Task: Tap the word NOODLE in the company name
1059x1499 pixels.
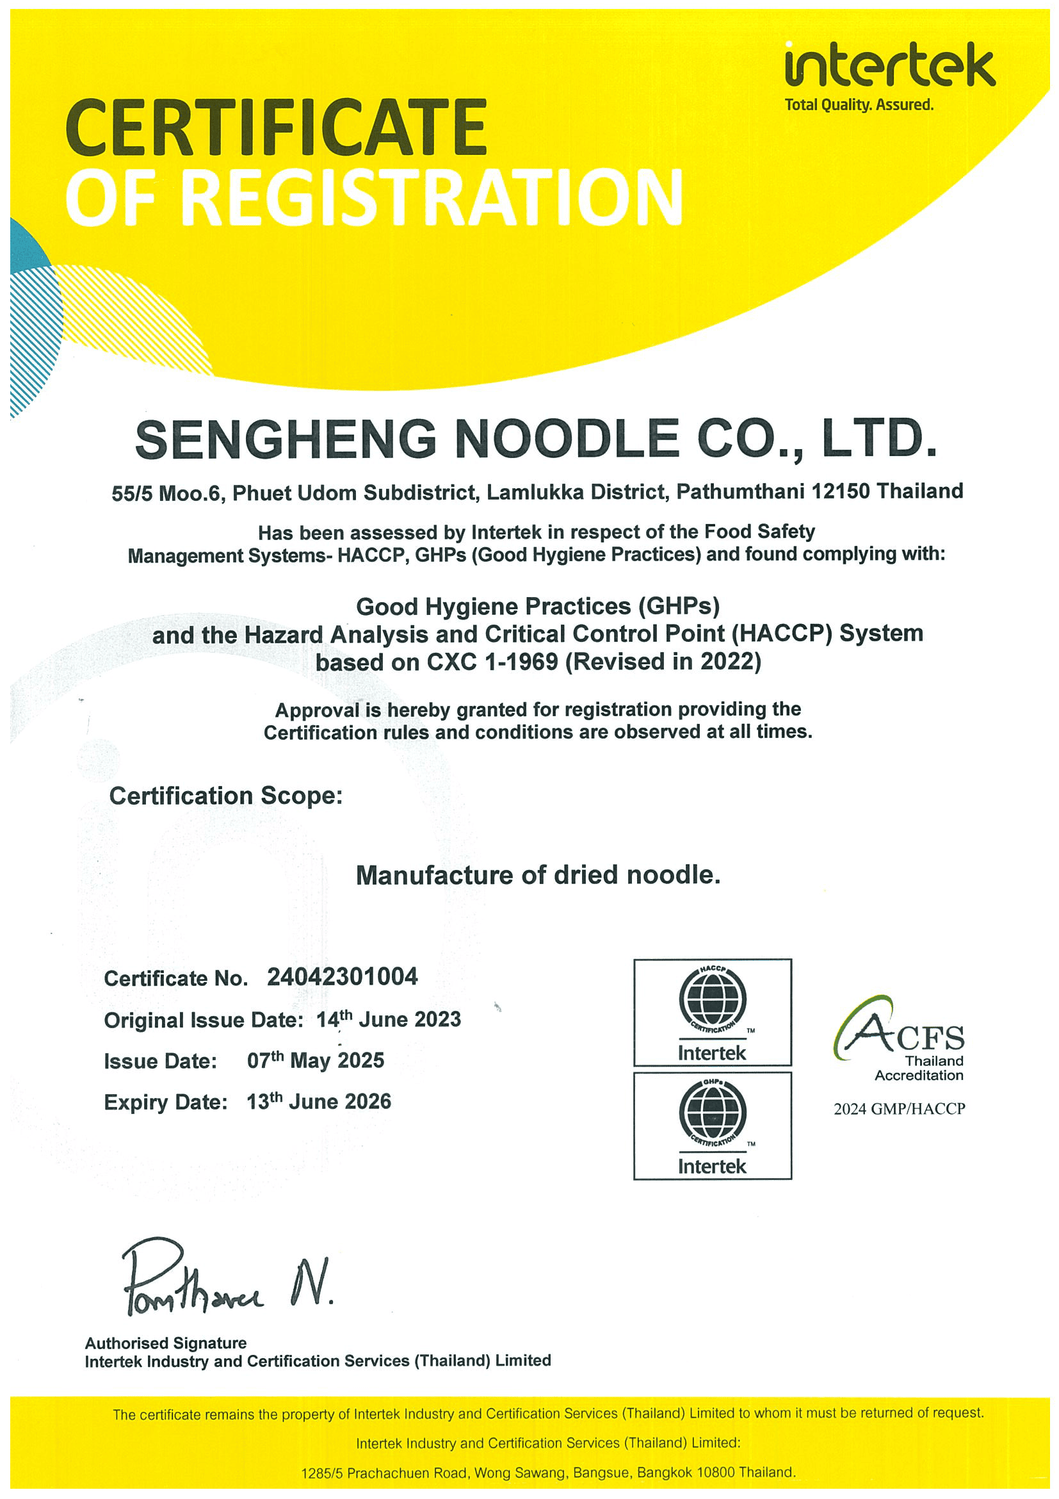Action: (x=567, y=439)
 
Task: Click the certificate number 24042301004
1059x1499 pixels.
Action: (x=342, y=977)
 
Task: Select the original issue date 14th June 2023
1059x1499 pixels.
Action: (x=388, y=1020)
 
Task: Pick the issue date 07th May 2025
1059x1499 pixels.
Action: (x=315, y=1060)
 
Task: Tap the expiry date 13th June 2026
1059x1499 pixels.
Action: (x=318, y=1101)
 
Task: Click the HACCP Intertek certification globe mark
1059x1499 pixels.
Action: (x=712, y=1012)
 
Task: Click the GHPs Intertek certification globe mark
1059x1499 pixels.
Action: (x=712, y=1125)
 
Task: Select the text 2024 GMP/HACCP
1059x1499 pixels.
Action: (x=899, y=1109)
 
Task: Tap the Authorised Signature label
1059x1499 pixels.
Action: (x=166, y=1343)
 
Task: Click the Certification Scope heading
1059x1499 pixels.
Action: (x=226, y=796)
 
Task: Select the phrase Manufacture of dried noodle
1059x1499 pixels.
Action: (x=538, y=876)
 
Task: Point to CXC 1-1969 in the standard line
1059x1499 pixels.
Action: (x=492, y=662)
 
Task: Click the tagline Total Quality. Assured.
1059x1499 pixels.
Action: (x=859, y=104)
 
